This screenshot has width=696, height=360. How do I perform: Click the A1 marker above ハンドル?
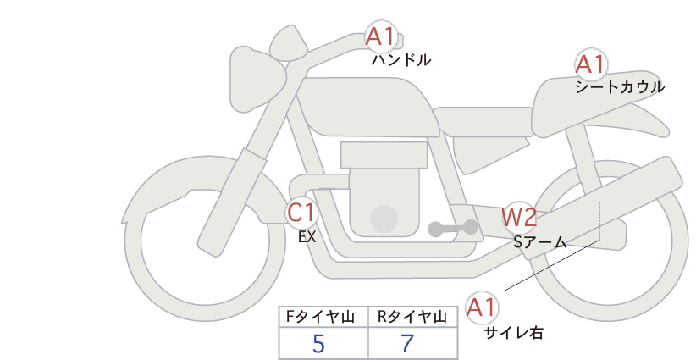pyautogui.click(x=381, y=36)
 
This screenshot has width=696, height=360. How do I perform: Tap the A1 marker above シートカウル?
pyautogui.click(x=591, y=64)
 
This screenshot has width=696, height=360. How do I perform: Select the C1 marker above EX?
pyautogui.click(x=301, y=212)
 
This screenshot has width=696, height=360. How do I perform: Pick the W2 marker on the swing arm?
pyautogui.click(x=519, y=217)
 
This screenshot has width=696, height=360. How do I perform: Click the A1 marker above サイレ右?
pyautogui.click(x=481, y=307)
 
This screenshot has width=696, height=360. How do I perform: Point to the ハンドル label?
pyautogui.click(x=400, y=60)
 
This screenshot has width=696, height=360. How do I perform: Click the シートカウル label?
pyautogui.click(x=620, y=87)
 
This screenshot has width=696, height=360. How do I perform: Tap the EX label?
pyautogui.click(x=307, y=237)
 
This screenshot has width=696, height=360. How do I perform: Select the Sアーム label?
pyautogui.click(x=539, y=242)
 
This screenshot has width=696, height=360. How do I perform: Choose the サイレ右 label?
pyautogui.click(x=513, y=333)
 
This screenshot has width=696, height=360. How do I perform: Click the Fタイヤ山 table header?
pyautogui.click(x=320, y=317)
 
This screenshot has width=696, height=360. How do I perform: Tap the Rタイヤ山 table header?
pyautogui.click(x=412, y=317)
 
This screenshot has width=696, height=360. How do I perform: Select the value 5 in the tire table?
pyautogui.click(x=318, y=344)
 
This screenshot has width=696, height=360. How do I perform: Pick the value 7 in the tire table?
pyautogui.click(x=407, y=344)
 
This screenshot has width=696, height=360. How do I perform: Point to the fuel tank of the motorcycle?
pyautogui.click(x=367, y=108)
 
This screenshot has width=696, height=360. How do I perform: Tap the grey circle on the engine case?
pyautogui.click(x=384, y=219)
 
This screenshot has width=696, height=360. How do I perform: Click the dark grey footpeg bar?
pyautogui.click(x=453, y=228)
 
